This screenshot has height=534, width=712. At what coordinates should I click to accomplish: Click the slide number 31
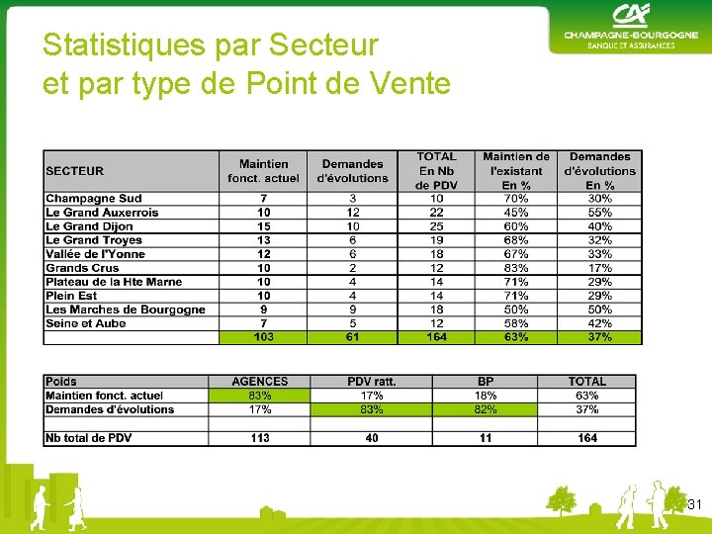(x=695, y=505)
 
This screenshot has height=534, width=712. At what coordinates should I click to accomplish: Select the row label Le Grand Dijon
(x=89, y=226)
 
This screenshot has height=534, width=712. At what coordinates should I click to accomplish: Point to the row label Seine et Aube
(x=86, y=323)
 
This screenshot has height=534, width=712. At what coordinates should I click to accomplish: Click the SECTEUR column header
(x=75, y=171)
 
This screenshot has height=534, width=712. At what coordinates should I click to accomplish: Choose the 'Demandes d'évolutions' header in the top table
(x=352, y=171)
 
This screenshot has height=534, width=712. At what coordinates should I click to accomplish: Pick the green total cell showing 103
(x=263, y=337)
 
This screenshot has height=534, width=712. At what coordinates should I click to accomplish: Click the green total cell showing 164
(x=436, y=337)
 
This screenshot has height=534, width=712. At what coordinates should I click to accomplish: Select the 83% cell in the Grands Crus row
(x=515, y=268)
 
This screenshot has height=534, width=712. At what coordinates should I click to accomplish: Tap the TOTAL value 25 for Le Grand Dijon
(x=436, y=226)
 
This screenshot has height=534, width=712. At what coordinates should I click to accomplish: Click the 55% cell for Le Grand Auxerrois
(x=599, y=213)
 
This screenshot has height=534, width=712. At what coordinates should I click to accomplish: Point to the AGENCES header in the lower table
(x=259, y=382)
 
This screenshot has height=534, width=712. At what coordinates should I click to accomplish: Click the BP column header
(x=486, y=382)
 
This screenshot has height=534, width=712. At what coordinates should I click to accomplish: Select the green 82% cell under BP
(x=486, y=409)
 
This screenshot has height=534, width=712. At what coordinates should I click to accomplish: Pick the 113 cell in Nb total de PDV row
(x=259, y=438)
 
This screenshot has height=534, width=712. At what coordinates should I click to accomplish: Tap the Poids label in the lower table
(x=61, y=382)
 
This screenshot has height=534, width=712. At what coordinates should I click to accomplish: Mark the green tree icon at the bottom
(x=561, y=501)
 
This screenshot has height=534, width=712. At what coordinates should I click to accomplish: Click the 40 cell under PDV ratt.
(x=371, y=438)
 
